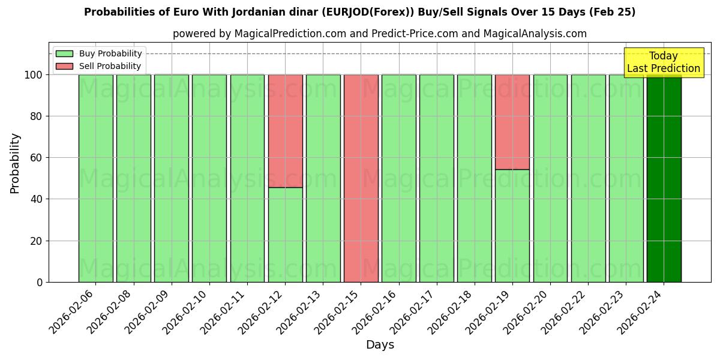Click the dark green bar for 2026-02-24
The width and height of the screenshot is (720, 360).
[x=664, y=178]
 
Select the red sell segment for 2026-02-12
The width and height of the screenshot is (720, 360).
[x=285, y=131]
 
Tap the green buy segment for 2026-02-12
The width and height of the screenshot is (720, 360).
[x=285, y=235]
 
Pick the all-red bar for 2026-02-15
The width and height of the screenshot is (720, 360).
[x=361, y=178]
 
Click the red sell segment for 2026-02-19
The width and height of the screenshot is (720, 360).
[x=512, y=122]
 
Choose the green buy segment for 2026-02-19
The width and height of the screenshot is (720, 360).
[x=512, y=226]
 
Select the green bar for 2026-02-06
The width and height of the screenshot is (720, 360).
[x=95, y=178]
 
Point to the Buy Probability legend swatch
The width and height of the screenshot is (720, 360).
[x=64, y=53]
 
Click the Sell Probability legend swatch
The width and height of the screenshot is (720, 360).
[x=64, y=66]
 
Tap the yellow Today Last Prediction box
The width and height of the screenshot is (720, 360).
[x=663, y=62]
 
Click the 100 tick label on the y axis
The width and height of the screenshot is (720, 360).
[x=33, y=75]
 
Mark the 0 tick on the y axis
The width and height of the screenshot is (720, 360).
[x=40, y=282]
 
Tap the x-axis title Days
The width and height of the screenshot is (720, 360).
[x=380, y=345]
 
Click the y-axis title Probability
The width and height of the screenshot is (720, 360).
[x=16, y=163]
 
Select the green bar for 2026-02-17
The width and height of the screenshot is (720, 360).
[x=437, y=178]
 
